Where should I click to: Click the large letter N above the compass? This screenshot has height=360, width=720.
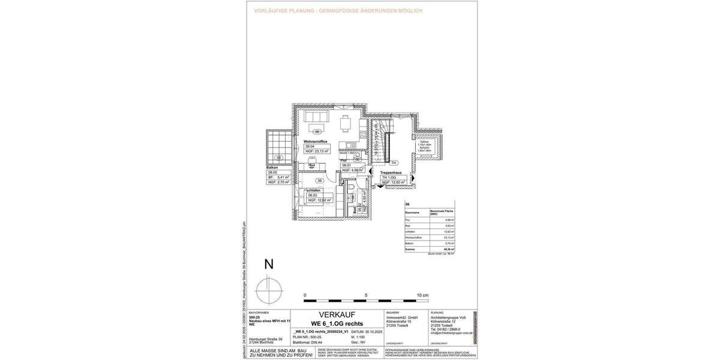click(269, 265)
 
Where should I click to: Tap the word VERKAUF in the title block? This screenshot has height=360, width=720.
click(337, 314)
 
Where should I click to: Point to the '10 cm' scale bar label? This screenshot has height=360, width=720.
click(422, 296)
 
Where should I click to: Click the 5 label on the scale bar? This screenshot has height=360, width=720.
click(366, 296)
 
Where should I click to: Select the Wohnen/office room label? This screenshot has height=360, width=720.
click(317, 141)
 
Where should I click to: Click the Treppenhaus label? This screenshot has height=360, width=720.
click(394, 172)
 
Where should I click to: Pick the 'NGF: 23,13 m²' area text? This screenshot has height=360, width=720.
click(317, 151)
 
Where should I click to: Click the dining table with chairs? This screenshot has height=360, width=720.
click(345, 123)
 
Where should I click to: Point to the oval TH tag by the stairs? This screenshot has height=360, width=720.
click(394, 163)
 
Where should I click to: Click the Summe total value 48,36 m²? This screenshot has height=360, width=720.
click(448, 249)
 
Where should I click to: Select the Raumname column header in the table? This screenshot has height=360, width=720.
click(413, 213)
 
